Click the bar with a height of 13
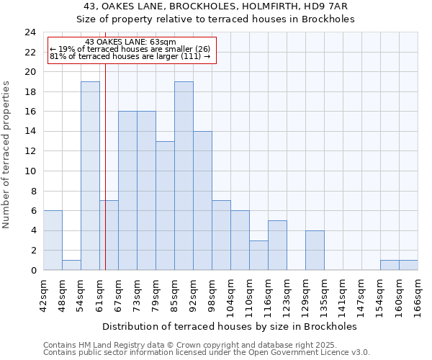(x=165, y=205)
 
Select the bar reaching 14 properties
(x=202, y=201)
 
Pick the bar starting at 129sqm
(x=315, y=250)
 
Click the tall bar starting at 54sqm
(x=90, y=176)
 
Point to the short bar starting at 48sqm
(x=71, y=265)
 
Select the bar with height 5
(x=277, y=245)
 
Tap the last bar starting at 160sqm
(x=408, y=265)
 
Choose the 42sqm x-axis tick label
(x=43, y=293)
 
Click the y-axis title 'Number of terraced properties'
(x=7, y=154)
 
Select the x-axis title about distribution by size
(x=234, y=326)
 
